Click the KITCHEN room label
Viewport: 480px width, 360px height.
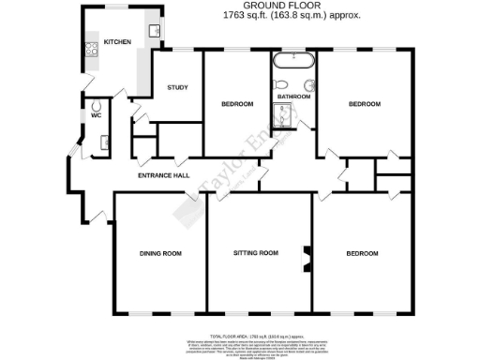(117, 42)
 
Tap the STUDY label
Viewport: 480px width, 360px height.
(177, 88)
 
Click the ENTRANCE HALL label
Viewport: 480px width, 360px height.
(164, 175)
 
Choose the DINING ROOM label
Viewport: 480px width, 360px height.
(159, 253)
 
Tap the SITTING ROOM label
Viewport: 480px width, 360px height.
(257, 253)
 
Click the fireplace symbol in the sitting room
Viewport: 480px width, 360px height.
(305, 256)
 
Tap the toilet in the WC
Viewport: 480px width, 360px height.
(96, 104)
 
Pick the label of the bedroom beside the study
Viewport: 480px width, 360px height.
(238, 103)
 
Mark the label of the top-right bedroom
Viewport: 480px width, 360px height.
(365, 103)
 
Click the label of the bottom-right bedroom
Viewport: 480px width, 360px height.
(362, 253)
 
